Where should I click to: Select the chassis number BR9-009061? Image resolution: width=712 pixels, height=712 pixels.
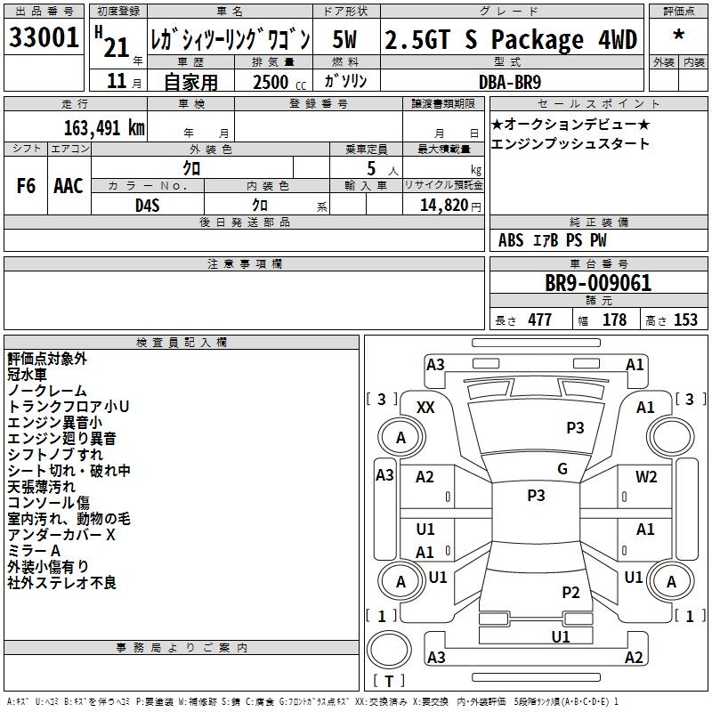598,284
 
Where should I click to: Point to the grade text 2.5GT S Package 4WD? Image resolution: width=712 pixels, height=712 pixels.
511,40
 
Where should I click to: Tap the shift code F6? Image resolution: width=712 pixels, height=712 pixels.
27,186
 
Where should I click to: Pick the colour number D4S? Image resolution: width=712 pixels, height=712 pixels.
147,205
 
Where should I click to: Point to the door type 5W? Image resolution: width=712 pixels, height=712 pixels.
345,39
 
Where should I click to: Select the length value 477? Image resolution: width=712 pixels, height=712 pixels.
539,320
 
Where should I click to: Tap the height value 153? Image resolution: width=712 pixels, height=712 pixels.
684,320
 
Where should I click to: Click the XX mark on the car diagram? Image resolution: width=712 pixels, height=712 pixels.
425,407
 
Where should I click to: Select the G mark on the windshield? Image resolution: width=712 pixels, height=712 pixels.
562,469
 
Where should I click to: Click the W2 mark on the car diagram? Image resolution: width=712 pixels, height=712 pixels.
646,476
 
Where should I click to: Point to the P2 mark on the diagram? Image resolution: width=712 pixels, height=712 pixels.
570,592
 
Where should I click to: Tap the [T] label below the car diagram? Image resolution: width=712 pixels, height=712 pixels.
388,681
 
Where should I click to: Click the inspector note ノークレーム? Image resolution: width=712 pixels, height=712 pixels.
47,391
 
